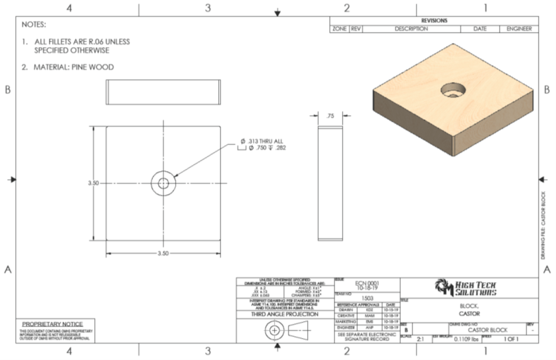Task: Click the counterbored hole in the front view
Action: coord(163,183)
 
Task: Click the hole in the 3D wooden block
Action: coord(454,90)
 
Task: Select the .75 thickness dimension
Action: coord(330,116)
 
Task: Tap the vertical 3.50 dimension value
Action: coord(93,183)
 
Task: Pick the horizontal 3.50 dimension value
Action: coord(163,254)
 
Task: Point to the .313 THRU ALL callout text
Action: coord(264,141)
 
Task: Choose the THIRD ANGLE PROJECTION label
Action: coord(285,314)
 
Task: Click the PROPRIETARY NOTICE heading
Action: coord(52,324)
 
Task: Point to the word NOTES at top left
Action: coord(33,25)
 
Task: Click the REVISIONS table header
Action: coord(434,21)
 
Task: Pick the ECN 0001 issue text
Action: coord(367,283)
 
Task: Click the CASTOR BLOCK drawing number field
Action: coord(487,330)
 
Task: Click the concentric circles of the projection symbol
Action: coord(273,330)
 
